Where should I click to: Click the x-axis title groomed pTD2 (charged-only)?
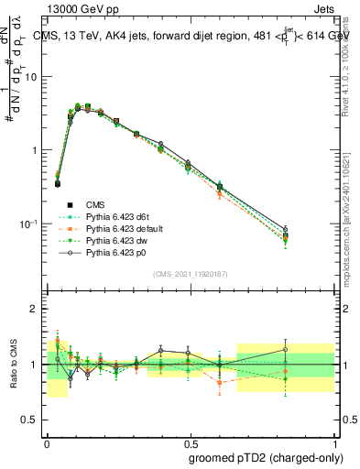(265, 457)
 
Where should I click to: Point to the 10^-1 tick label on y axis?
(29, 224)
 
